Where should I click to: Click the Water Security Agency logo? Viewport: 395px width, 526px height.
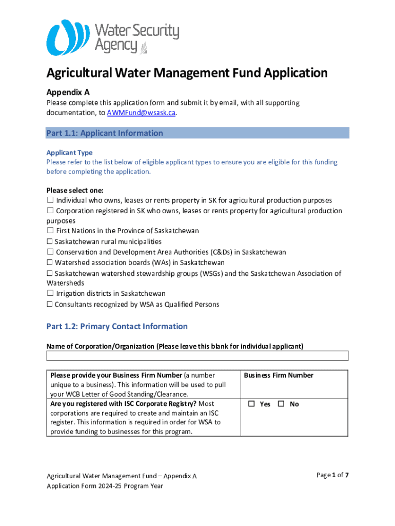(x=112, y=37)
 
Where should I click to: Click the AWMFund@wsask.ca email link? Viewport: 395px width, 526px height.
(x=141, y=113)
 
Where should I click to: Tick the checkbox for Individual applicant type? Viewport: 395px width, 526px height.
(x=50, y=200)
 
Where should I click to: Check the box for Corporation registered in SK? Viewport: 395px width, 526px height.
(x=50, y=211)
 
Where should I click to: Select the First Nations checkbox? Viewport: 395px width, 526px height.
(x=50, y=231)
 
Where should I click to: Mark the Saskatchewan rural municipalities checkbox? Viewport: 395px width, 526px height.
(x=50, y=242)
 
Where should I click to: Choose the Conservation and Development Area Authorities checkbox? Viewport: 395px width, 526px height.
(x=50, y=253)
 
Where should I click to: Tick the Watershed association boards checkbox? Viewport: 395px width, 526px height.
(x=50, y=263)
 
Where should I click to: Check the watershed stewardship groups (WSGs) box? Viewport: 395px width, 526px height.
(x=50, y=274)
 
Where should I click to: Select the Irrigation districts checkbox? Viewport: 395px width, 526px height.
(x=50, y=294)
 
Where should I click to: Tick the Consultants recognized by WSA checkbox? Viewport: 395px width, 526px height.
(x=50, y=305)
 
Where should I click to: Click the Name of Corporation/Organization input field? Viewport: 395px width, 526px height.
(x=197, y=355)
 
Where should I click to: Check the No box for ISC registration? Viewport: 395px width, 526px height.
(x=281, y=404)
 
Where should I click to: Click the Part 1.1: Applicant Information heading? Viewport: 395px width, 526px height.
(x=105, y=134)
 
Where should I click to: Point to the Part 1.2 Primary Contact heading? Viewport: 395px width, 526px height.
(x=117, y=327)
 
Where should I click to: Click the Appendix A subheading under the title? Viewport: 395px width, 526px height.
(x=68, y=92)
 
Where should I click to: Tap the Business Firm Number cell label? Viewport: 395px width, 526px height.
(x=279, y=375)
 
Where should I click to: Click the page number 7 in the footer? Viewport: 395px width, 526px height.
(x=347, y=475)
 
